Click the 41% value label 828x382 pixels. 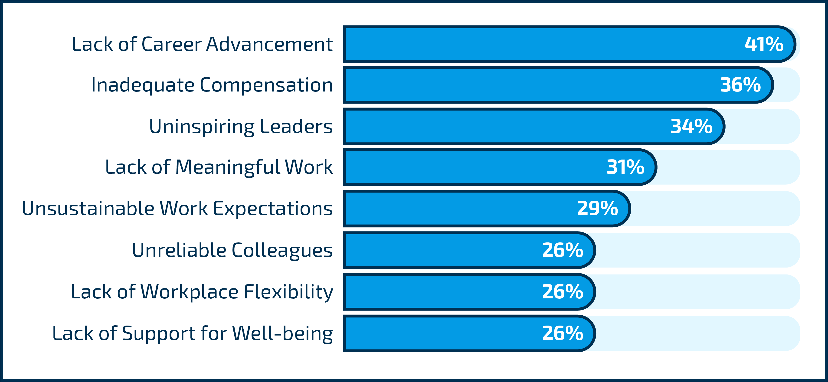click(x=764, y=44)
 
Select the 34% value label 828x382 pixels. click(x=691, y=126)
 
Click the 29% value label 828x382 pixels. click(x=597, y=208)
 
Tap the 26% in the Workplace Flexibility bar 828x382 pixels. click(x=563, y=291)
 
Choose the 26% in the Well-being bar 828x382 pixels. click(x=563, y=333)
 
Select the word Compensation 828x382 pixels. click(x=266, y=85)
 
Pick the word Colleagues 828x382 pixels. click(x=282, y=250)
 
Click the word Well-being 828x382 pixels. click(x=282, y=333)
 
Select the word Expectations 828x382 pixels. click(x=273, y=209)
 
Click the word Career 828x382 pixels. click(x=171, y=44)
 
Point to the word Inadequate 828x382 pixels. click(x=143, y=85)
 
